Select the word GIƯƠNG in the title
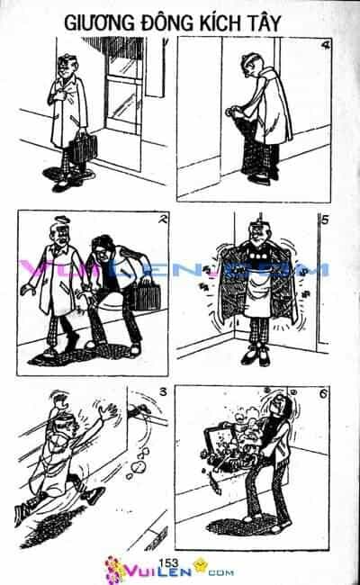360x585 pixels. [x=99, y=24]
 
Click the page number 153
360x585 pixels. [x=168, y=563]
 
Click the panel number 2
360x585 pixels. [x=161, y=220]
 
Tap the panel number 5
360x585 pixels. [x=325, y=220]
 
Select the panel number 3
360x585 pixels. [x=163, y=392]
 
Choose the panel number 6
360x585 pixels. [x=323, y=393]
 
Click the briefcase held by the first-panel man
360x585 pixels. [x=85, y=148]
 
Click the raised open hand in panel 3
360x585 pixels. [x=112, y=411]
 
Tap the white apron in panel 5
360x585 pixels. [x=257, y=294]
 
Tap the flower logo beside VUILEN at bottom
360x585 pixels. [x=114, y=570]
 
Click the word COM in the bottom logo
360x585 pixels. [x=221, y=572]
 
